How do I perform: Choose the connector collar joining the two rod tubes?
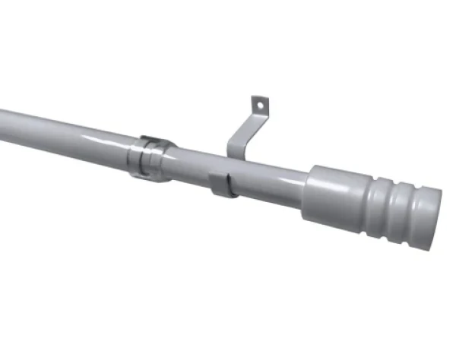tap(152, 157)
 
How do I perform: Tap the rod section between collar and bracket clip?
tap(190, 169)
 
